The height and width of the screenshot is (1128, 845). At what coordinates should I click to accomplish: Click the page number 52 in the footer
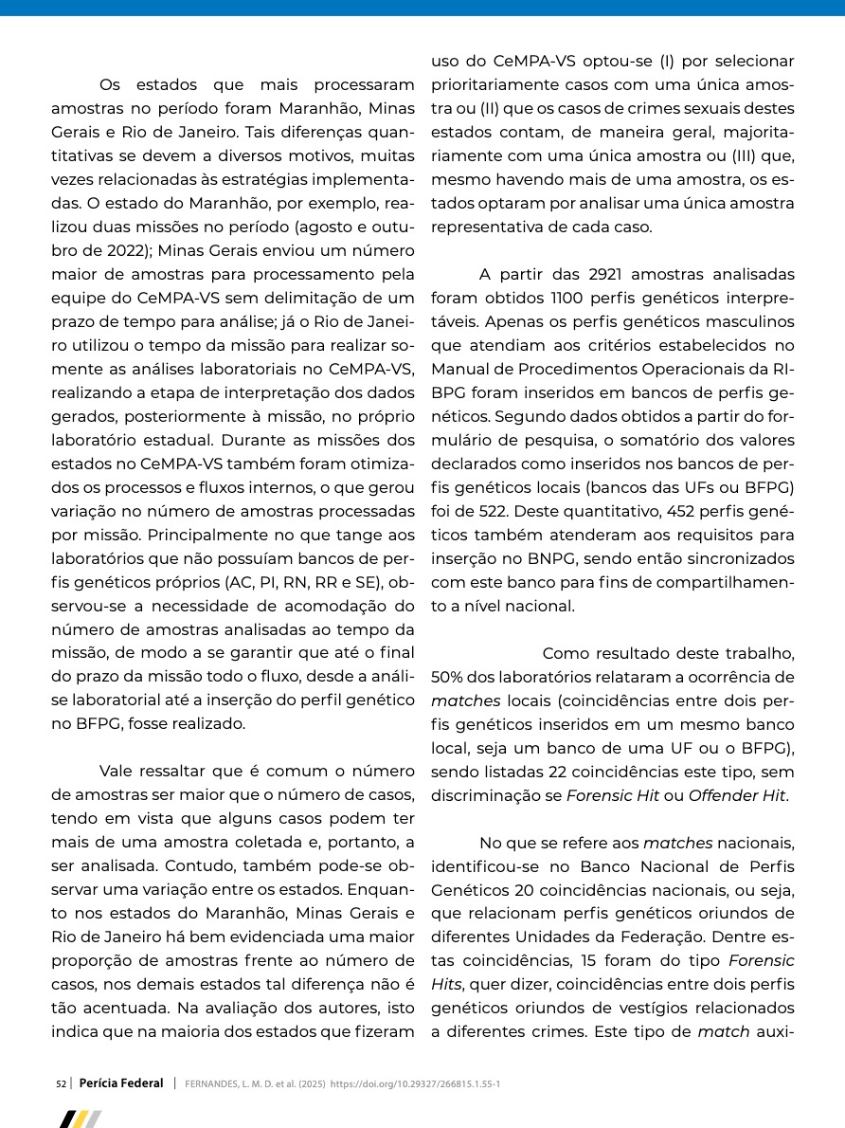pyautogui.click(x=61, y=1083)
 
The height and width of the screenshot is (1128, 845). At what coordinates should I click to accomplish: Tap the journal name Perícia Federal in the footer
pyautogui.click(x=121, y=1083)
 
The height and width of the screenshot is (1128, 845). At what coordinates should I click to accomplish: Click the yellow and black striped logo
pyautogui.click(x=81, y=1119)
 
